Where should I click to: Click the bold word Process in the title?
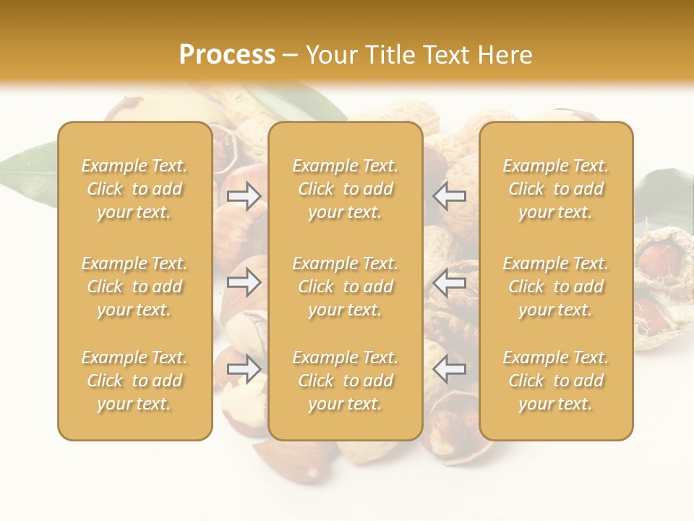pyautogui.click(x=227, y=55)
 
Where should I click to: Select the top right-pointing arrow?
pyautogui.click(x=244, y=196)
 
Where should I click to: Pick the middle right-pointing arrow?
pyautogui.click(x=244, y=282)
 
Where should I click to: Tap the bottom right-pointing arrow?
pyautogui.click(x=244, y=370)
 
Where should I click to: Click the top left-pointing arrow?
pyautogui.click(x=450, y=196)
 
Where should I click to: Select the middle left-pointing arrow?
pyautogui.click(x=450, y=282)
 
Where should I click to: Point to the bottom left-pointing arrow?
pyautogui.click(x=450, y=370)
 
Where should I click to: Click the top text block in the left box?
pyautogui.click(x=134, y=189)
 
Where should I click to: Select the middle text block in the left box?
pyautogui.click(x=134, y=287)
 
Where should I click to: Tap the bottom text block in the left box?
pyautogui.click(x=134, y=381)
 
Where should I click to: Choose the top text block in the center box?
pyautogui.click(x=345, y=189)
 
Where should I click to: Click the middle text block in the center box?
pyautogui.click(x=345, y=287)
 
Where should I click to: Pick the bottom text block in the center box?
pyautogui.click(x=345, y=381)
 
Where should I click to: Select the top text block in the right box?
pyautogui.click(x=555, y=189)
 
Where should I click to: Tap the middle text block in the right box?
pyautogui.click(x=555, y=287)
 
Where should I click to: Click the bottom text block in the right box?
pyautogui.click(x=555, y=381)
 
